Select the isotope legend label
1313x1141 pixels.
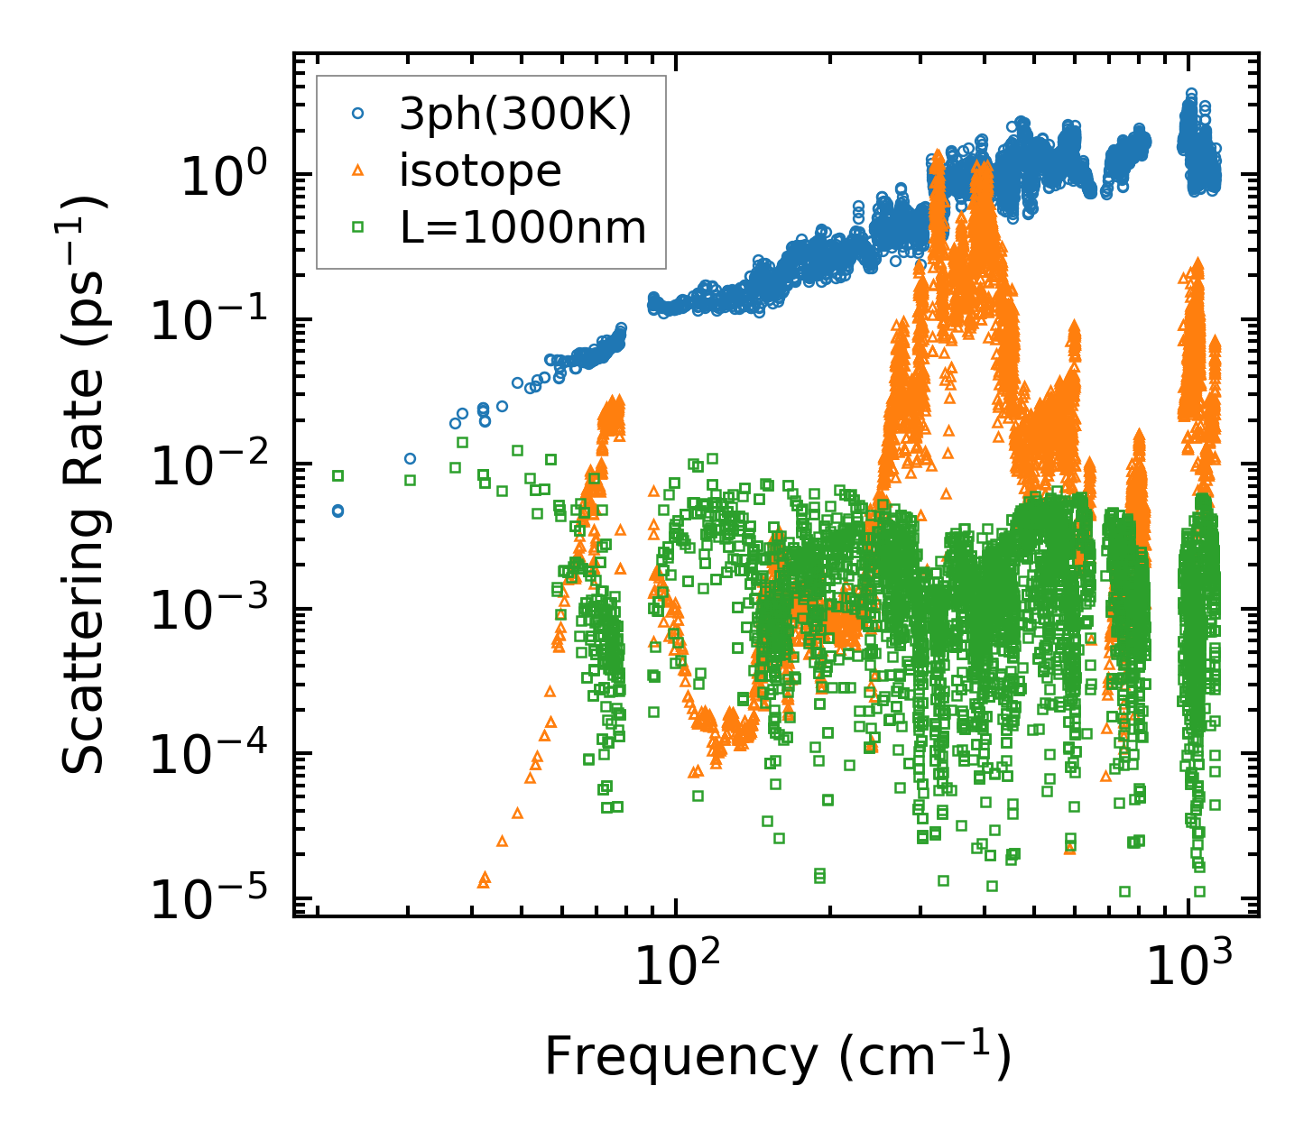click(480, 171)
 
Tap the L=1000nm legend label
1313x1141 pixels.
click(523, 228)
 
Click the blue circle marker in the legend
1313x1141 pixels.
click(358, 114)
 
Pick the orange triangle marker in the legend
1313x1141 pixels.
click(358, 170)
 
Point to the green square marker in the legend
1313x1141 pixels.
click(358, 227)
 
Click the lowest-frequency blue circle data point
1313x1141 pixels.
click(338, 511)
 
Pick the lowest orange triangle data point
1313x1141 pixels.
click(484, 880)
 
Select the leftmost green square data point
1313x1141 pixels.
click(338, 475)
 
